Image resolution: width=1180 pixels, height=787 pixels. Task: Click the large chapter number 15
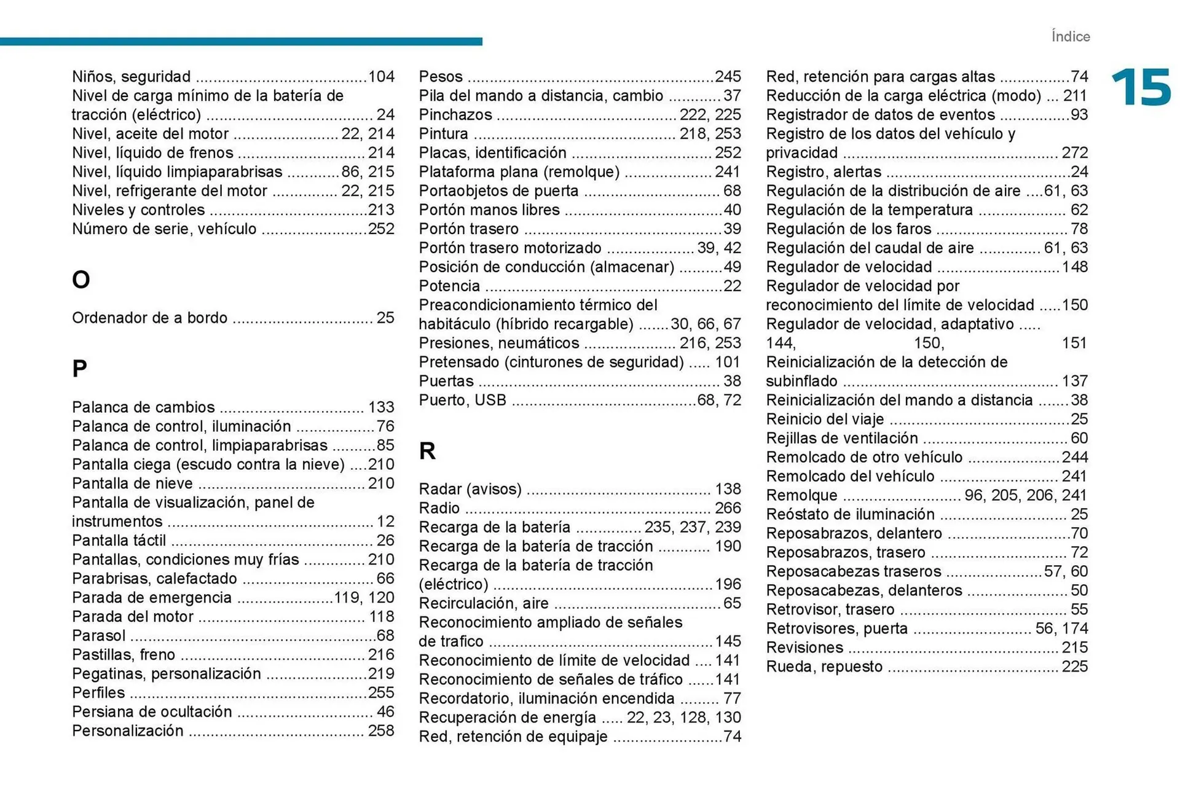[1141, 87]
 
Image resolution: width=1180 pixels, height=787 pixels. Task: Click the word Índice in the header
[1070, 36]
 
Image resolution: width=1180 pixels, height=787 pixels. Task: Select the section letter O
[81, 280]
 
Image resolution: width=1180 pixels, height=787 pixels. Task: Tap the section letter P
[79, 369]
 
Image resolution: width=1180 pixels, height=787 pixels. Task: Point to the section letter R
[427, 451]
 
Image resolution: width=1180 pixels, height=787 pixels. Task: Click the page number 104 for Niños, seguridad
[381, 77]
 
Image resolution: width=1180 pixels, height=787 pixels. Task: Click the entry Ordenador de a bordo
[149, 318]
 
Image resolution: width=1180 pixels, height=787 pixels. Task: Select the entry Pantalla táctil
[119, 541]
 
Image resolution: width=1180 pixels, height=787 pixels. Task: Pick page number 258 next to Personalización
[381, 731]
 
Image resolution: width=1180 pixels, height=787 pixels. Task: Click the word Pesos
[441, 77]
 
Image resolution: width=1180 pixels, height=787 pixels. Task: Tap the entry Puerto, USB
[462, 401]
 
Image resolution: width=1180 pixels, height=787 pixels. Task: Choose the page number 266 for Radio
[728, 508]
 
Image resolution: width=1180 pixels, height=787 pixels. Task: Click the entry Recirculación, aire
[484, 603]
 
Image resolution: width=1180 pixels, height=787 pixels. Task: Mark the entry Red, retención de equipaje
[513, 737]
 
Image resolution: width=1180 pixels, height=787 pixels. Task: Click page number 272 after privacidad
[1074, 153]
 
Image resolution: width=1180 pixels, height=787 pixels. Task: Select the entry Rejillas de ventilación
[841, 438]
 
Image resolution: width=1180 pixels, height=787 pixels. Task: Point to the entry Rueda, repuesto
[824, 667]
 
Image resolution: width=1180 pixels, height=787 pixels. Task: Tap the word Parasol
[98, 636]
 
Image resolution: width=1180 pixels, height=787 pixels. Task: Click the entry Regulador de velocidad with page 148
[848, 267]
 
